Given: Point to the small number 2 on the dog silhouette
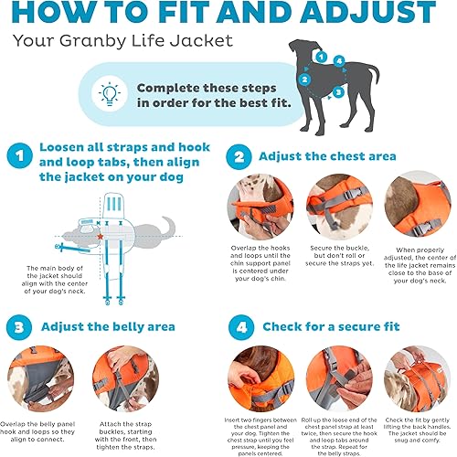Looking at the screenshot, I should tap(305, 79).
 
